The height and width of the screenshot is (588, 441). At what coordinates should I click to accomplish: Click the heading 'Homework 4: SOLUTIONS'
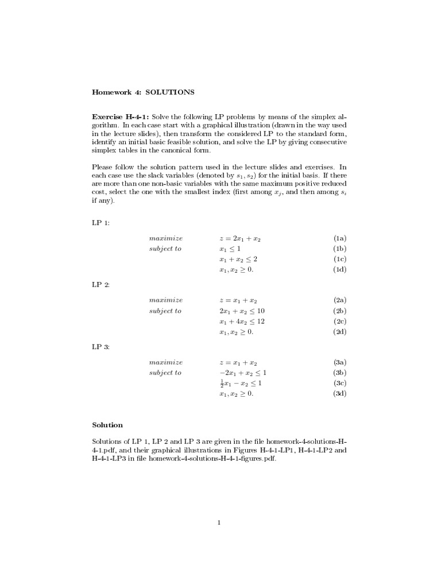(144, 91)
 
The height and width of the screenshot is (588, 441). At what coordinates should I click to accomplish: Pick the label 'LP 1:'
(100, 223)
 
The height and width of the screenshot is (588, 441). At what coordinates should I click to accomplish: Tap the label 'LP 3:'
(100, 347)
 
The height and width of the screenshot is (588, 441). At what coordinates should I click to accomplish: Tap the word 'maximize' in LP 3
(165, 362)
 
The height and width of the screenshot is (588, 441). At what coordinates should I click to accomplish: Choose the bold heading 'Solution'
(107, 425)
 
